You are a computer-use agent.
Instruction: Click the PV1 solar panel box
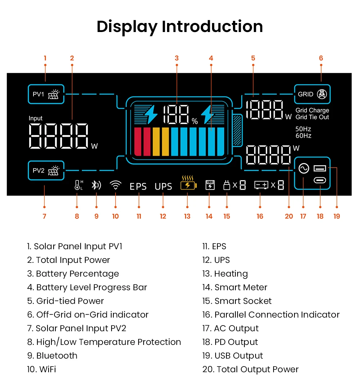coord(46,94)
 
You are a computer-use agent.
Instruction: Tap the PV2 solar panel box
coord(46,170)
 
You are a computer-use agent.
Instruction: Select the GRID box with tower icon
coord(312,94)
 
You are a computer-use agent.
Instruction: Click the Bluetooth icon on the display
coord(96,185)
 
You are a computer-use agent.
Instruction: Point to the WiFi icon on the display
coord(115,185)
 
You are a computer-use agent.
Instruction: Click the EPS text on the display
coord(138,186)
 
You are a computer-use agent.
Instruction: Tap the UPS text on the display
coord(163,186)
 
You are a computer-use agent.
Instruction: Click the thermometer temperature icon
coord(78,185)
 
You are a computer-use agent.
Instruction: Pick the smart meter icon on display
coord(210,185)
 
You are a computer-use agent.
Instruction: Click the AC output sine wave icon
coord(303,168)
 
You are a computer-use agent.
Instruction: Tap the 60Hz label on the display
coord(303,136)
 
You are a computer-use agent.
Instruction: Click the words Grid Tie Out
coord(312,117)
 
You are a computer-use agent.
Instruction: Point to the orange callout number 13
coord(187,216)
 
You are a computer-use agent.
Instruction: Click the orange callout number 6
coord(321,58)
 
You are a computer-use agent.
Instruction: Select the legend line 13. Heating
coord(225,274)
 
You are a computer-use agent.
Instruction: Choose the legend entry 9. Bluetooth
coord(52,355)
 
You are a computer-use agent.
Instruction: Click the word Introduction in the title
coord(212,27)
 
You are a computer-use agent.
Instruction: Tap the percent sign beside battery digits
coord(195,122)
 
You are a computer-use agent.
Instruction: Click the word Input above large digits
coord(36,118)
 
